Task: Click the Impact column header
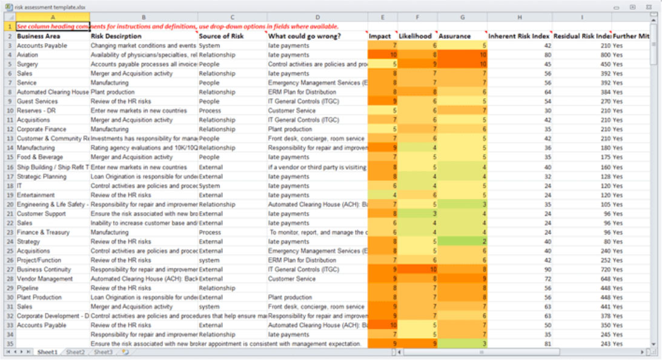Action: pyautogui.click(x=380, y=36)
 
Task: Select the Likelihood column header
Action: pyautogui.click(x=415, y=36)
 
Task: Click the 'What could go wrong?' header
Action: pyautogui.click(x=304, y=36)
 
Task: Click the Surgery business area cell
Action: pyautogui.click(x=28, y=64)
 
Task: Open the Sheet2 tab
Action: pyautogui.click(x=76, y=352)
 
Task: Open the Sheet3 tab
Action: pyautogui.click(x=103, y=352)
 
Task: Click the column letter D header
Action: pyautogui.click(x=317, y=17)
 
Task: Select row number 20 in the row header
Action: pyautogui.click(x=9, y=204)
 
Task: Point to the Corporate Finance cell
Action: pyautogui.click(x=42, y=130)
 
